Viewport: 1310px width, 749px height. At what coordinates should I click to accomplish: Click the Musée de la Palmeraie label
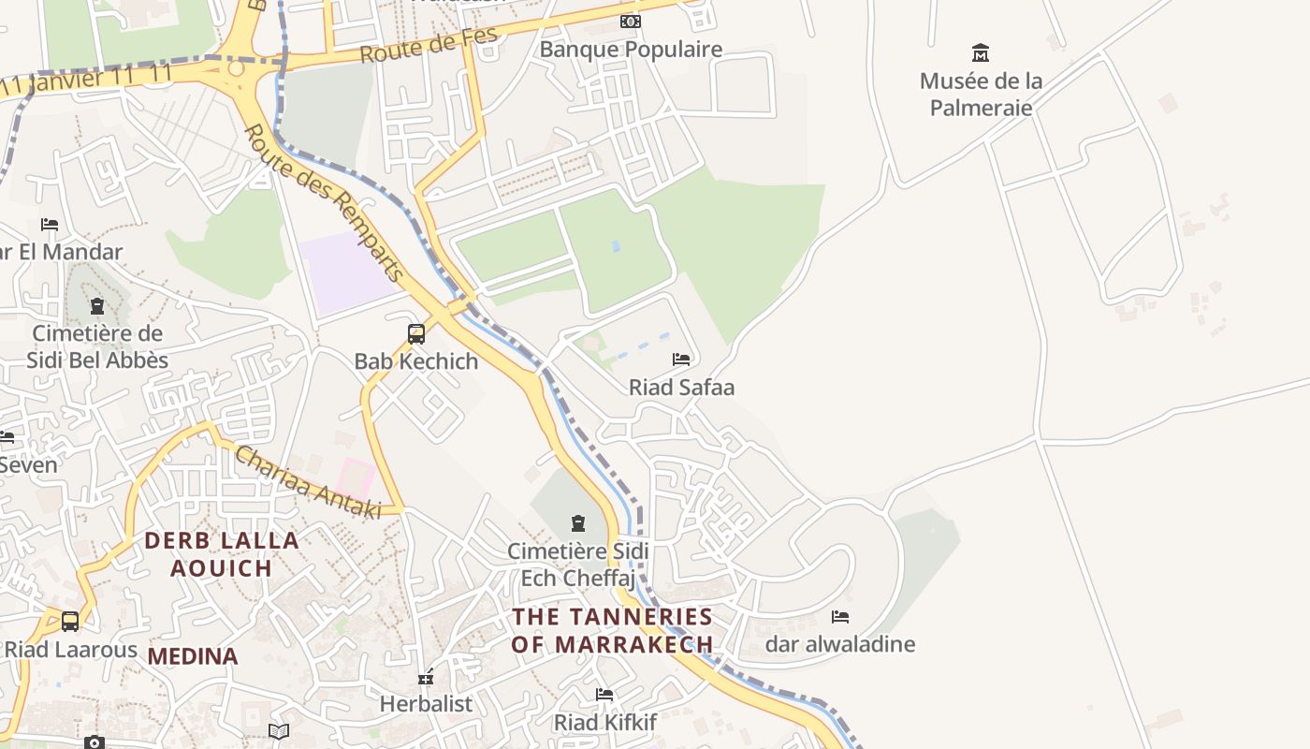(x=981, y=95)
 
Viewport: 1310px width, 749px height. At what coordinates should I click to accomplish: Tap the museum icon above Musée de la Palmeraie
(x=981, y=52)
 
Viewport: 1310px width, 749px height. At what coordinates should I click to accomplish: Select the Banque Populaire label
(x=631, y=50)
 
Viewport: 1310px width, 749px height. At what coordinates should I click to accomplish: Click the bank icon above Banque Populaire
(x=631, y=21)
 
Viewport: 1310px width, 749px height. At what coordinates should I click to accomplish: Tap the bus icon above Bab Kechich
(x=416, y=333)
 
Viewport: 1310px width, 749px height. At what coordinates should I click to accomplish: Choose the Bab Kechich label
(x=416, y=361)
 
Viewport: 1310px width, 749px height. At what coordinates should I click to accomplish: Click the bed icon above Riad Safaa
(x=681, y=360)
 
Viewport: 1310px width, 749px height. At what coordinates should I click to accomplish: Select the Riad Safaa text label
(x=681, y=388)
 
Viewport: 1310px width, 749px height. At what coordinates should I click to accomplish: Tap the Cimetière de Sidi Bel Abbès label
(x=97, y=347)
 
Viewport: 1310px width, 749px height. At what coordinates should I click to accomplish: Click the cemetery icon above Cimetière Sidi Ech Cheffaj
(x=578, y=522)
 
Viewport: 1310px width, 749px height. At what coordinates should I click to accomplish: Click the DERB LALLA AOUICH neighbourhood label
(x=222, y=554)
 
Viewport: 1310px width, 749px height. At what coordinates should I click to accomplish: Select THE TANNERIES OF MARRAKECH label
(x=613, y=631)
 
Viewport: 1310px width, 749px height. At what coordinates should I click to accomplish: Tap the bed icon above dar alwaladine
(x=840, y=616)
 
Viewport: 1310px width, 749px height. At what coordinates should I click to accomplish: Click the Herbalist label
(x=426, y=704)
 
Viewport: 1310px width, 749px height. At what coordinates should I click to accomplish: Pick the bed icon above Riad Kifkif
(x=604, y=695)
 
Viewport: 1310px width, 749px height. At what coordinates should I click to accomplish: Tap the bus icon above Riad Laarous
(x=70, y=621)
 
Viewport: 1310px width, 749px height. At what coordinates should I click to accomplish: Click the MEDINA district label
(x=193, y=656)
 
